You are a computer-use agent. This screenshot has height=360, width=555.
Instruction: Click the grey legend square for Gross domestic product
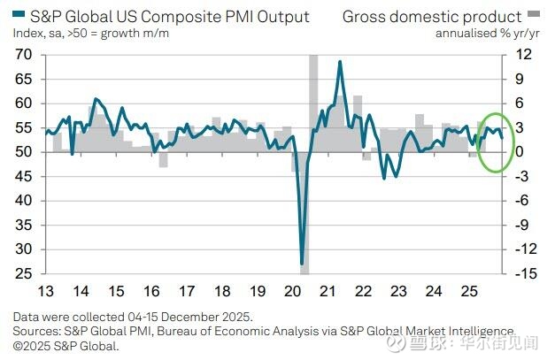point(533,16)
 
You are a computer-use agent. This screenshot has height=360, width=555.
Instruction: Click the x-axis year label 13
point(46,291)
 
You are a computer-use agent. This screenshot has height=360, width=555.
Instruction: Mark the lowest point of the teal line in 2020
point(302,264)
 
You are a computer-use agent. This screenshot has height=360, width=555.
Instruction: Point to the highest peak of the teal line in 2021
point(340,61)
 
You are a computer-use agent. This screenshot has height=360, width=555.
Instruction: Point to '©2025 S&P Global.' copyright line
point(66,345)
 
